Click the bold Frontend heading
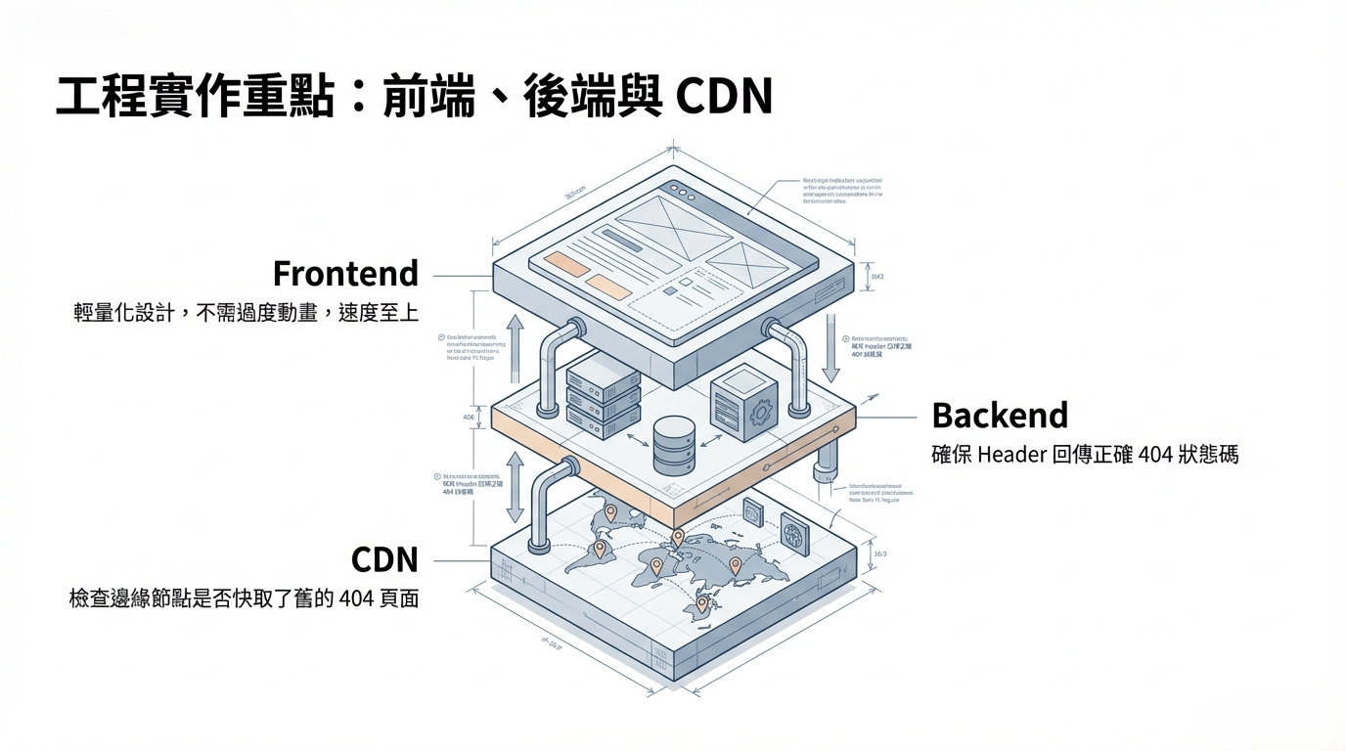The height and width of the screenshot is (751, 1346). click(345, 273)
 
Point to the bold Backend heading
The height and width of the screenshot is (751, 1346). click(1000, 416)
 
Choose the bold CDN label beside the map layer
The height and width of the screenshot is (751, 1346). click(384, 560)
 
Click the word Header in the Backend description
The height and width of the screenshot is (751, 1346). click(1010, 455)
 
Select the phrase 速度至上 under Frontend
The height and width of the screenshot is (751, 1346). click(379, 313)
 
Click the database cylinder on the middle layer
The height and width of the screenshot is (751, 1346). click(673, 445)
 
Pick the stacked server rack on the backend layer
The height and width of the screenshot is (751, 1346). click(603, 396)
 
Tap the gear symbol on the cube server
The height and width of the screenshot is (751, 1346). click(760, 415)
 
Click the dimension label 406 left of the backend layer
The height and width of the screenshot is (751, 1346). click(468, 417)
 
